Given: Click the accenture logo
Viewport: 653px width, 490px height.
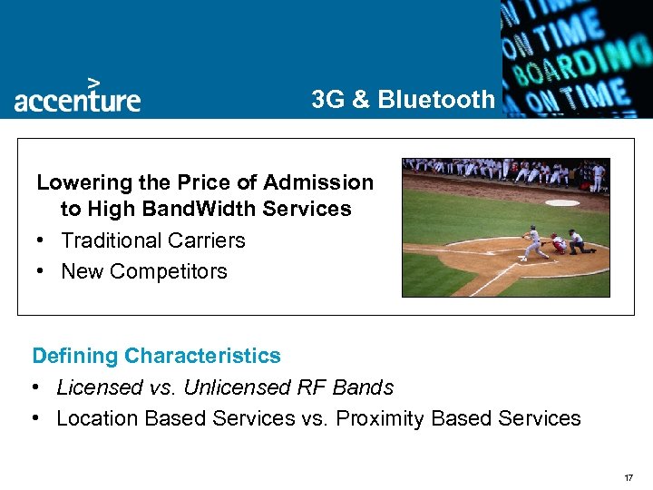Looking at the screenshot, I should [x=77, y=98].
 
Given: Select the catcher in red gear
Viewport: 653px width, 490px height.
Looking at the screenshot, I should [x=557, y=242].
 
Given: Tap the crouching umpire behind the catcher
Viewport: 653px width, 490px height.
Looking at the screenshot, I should [x=577, y=241].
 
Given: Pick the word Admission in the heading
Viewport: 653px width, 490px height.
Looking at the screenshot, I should [x=326, y=182].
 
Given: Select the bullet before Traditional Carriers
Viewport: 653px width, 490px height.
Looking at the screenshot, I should [x=42, y=240].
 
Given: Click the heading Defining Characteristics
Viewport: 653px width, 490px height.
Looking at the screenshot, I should [x=156, y=356].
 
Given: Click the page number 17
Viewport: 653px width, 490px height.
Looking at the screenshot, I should [x=628, y=477].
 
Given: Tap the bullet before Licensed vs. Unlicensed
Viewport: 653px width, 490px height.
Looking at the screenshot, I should [x=35, y=387].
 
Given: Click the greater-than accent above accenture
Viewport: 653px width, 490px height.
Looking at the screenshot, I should [x=93, y=81].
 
